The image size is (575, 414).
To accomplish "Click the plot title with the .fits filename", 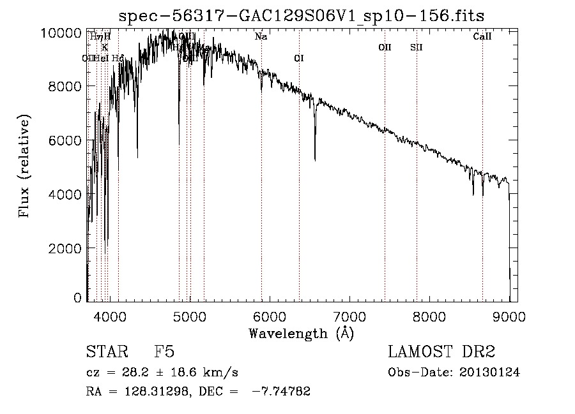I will pos(302,15).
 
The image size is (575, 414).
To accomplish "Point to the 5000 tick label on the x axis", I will pos(188,316).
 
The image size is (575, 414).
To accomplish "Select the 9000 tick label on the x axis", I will pos(509,316).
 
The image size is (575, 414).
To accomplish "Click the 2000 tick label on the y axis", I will pos(66,248).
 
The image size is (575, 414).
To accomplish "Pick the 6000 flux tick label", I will pos(66,140).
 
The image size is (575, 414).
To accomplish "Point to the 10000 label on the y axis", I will pos(63,33).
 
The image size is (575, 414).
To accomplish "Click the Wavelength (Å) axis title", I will pos(301,333).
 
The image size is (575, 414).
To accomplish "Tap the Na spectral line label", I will pos(261,37).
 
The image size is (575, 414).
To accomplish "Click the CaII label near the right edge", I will pos(482,37).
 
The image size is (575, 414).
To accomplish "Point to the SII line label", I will pos(417,47).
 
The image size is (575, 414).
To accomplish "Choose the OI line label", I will pos(299,59).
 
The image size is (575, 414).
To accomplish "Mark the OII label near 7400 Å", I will pos(385,47).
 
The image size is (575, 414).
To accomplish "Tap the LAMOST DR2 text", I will pos(441,353).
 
